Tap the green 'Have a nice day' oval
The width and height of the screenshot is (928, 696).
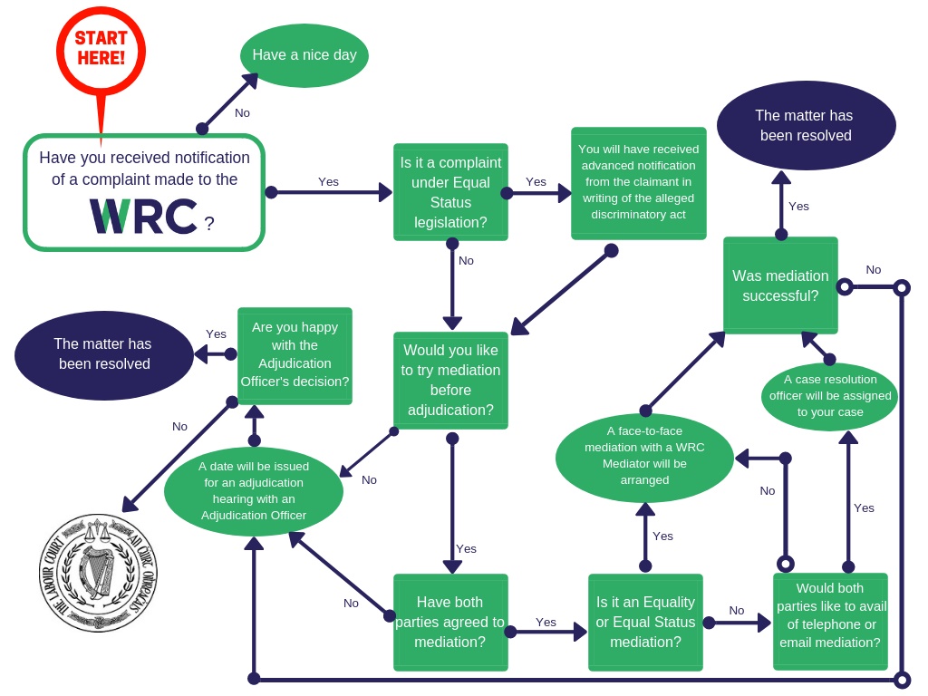(304, 55)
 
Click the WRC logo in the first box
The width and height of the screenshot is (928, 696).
(143, 217)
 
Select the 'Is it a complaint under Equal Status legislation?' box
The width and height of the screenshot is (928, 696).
(450, 192)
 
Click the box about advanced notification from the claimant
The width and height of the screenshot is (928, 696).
(638, 182)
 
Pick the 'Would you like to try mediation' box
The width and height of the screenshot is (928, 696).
(450, 380)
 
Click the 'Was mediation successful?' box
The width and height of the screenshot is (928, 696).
(780, 285)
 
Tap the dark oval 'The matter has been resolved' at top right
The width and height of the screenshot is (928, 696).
(806, 126)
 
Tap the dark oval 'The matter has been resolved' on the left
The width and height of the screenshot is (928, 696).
(103, 354)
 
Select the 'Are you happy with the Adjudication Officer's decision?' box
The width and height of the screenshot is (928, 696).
(295, 354)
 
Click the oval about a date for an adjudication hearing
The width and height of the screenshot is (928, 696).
(254, 491)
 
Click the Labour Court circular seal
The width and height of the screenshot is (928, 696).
(98, 573)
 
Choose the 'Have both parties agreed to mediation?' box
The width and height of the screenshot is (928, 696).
(450, 622)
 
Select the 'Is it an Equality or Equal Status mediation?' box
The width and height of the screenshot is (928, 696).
(645, 622)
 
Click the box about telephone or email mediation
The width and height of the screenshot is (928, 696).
(830, 621)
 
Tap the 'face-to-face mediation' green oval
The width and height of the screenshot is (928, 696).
(644, 457)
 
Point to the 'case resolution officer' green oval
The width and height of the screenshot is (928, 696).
(829, 396)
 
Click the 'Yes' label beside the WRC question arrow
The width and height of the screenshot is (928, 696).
(328, 182)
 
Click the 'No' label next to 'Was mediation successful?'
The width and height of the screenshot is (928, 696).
(873, 270)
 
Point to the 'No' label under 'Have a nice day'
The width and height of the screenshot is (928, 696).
(242, 113)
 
